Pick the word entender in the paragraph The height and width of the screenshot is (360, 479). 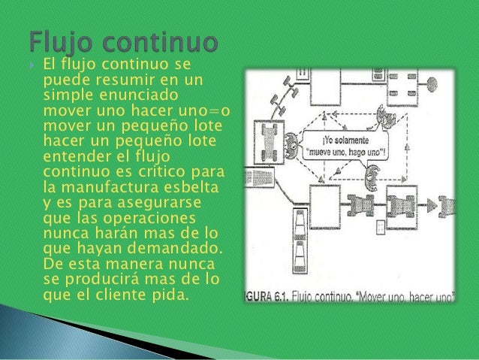tap(74, 156)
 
